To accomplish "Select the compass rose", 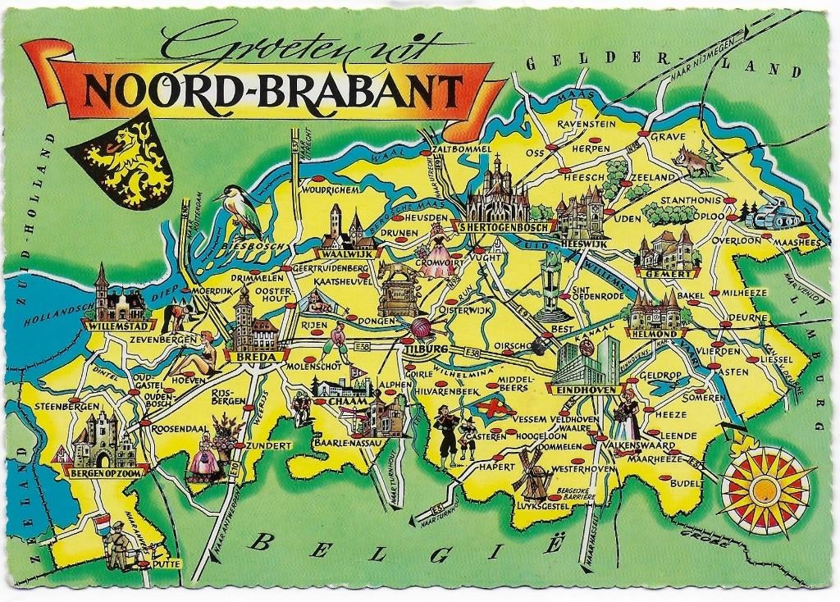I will pyautogui.click(x=765, y=490).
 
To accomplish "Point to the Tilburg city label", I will pyautogui.click(x=425, y=350).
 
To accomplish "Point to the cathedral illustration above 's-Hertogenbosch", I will pyautogui.click(x=495, y=190).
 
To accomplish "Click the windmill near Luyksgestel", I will pyautogui.click(x=531, y=473).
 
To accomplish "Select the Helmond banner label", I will pyautogui.click(x=653, y=334).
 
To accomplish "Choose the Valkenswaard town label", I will pyautogui.click(x=643, y=445).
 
